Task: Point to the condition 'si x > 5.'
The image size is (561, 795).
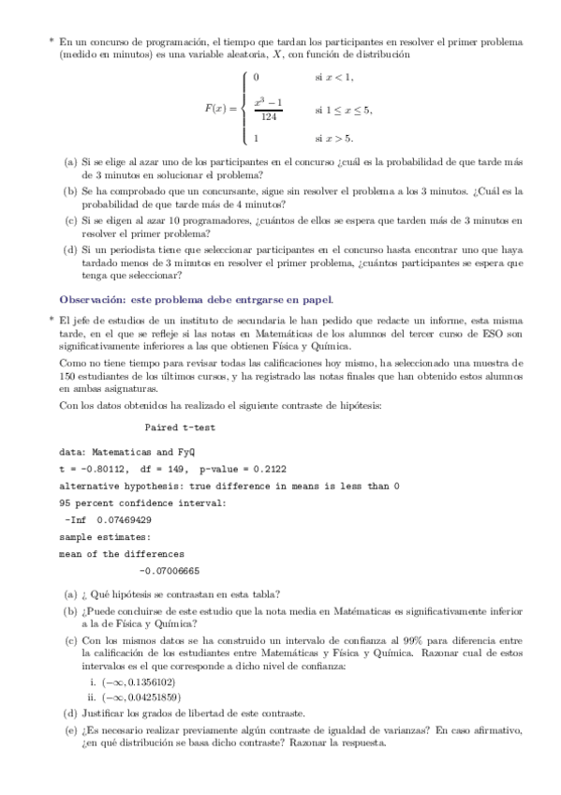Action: click(x=334, y=140)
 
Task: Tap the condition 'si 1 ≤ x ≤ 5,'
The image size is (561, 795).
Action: click(x=344, y=109)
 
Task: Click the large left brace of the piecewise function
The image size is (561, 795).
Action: click(x=244, y=108)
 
